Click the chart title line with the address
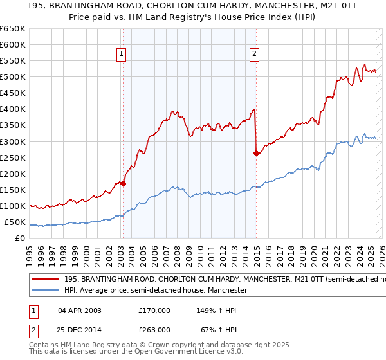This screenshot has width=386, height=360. pos(193,6)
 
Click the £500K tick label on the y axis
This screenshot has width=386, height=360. pos(12,76)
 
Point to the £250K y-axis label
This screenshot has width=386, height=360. pos(12,157)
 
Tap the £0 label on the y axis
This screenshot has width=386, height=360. pos(19,239)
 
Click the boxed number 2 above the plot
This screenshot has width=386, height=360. pos(255,55)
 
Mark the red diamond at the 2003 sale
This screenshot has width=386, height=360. pos(123,183)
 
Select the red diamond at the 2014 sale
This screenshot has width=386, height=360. pos(256,153)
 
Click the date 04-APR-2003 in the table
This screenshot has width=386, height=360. pos(80,310)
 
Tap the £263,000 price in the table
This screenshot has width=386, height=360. pos(154,329)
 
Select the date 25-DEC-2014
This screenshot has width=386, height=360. pos(80,329)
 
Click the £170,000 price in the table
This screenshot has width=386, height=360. pos(154,310)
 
